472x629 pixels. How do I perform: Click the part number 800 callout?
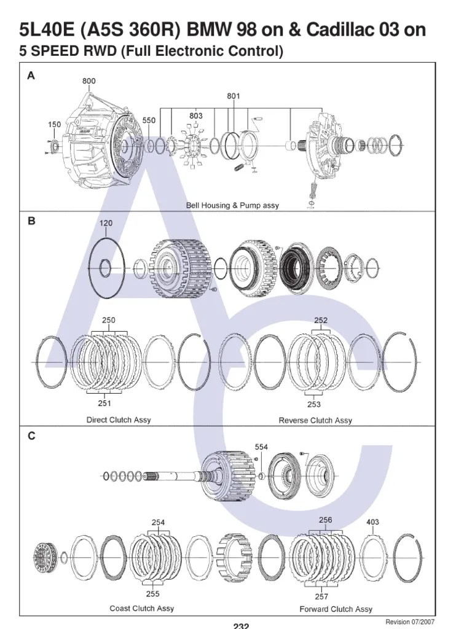pos(89,80)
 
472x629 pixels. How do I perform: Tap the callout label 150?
pos(54,124)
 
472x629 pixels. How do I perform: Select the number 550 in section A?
pos(149,121)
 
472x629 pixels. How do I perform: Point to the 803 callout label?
pos(195,115)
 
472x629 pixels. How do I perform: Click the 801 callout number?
pos(233,96)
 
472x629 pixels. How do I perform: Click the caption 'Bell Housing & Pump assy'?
pos(232,206)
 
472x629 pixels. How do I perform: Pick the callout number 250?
pos(109,320)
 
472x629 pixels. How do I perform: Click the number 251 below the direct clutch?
pos(104,404)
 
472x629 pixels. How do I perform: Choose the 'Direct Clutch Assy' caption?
pos(118,420)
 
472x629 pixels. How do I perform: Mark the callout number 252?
pos(320,320)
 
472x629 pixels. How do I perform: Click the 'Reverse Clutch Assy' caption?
pos(315,421)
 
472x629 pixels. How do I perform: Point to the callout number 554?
pos(262,448)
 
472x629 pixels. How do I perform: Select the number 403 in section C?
pos(372,522)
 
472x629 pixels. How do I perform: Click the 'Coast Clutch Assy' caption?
pos(141,608)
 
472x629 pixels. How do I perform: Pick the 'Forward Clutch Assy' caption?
pos(336,609)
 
